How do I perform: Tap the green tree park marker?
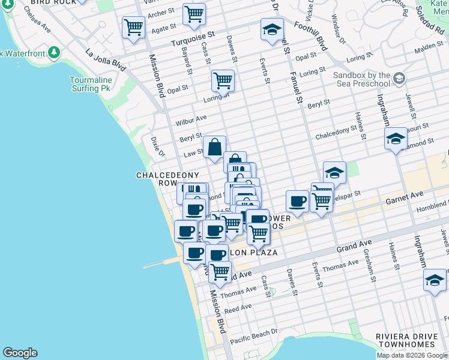pos(55,53)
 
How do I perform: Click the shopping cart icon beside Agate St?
pos(133,26)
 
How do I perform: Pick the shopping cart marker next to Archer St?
pos(194,13)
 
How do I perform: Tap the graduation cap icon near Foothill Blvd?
pos(272,28)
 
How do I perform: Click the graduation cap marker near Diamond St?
pos(396,139)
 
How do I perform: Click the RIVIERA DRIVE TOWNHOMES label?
pos(405,340)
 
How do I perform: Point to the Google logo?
pos(20,353)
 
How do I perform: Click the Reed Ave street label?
pos(238,308)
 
